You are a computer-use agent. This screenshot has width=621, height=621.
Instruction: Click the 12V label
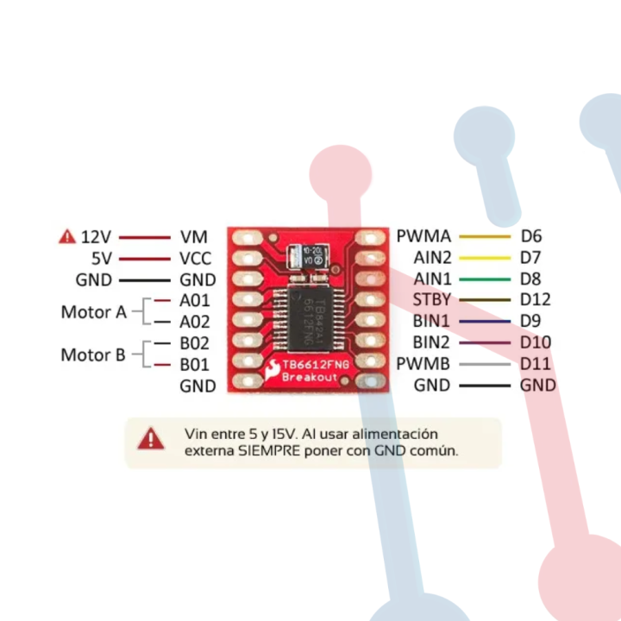point(96,236)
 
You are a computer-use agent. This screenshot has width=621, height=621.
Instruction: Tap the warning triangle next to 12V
point(66,236)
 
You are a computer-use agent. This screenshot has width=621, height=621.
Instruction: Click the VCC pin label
point(197,258)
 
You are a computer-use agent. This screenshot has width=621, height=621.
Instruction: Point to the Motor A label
point(93,311)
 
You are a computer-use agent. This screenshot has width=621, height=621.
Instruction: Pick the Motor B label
point(93,354)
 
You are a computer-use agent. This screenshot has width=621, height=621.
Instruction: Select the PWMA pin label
point(423,236)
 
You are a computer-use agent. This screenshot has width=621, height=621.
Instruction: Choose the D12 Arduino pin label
point(536,300)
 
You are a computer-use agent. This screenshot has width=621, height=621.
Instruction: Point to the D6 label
point(530,236)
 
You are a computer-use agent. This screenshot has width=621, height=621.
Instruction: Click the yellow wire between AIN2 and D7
point(485,258)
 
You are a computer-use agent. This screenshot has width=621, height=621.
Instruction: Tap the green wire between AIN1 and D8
point(485,279)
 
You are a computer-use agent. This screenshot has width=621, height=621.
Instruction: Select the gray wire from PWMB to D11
point(485,364)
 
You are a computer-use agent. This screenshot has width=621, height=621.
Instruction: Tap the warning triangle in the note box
point(152,439)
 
